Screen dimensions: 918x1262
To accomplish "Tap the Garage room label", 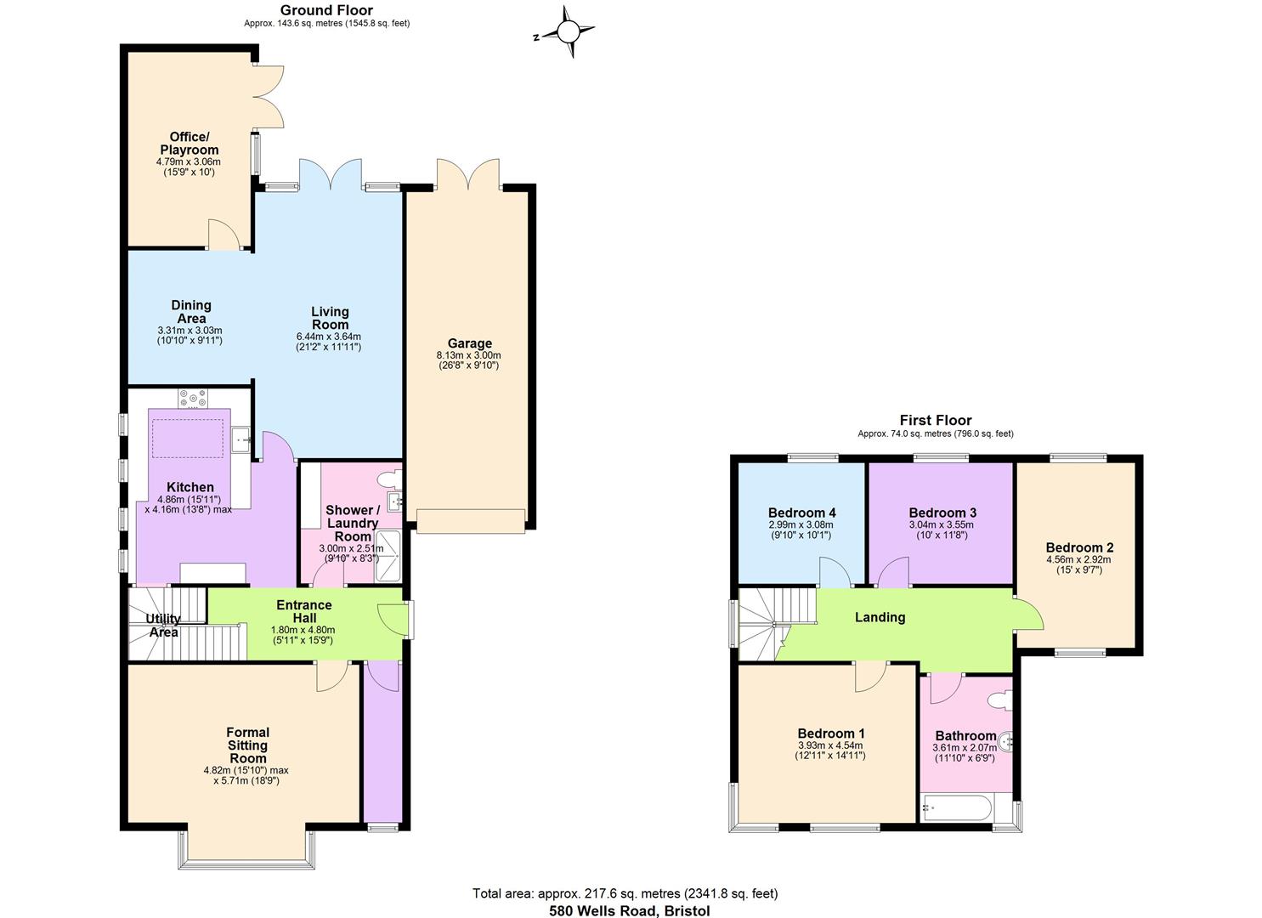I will [x=469, y=343].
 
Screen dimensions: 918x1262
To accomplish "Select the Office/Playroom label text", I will [x=188, y=143].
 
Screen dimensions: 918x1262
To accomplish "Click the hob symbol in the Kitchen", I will [x=193, y=397].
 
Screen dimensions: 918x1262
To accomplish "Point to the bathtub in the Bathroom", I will [x=956, y=807].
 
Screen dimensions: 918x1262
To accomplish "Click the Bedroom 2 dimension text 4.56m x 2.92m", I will [x=1078, y=559].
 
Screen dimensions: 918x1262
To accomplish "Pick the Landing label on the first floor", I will [x=880, y=617].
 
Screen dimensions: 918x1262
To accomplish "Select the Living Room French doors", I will [x=331, y=174].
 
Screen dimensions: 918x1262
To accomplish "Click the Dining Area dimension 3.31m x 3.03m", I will [x=190, y=330].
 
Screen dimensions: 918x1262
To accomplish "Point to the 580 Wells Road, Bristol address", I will [x=629, y=910].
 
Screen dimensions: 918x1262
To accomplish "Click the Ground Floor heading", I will [x=326, y=10].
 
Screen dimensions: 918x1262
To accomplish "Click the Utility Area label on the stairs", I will [x=163, y=626].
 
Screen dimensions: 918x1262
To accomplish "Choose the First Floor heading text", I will [x=935, y=420].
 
